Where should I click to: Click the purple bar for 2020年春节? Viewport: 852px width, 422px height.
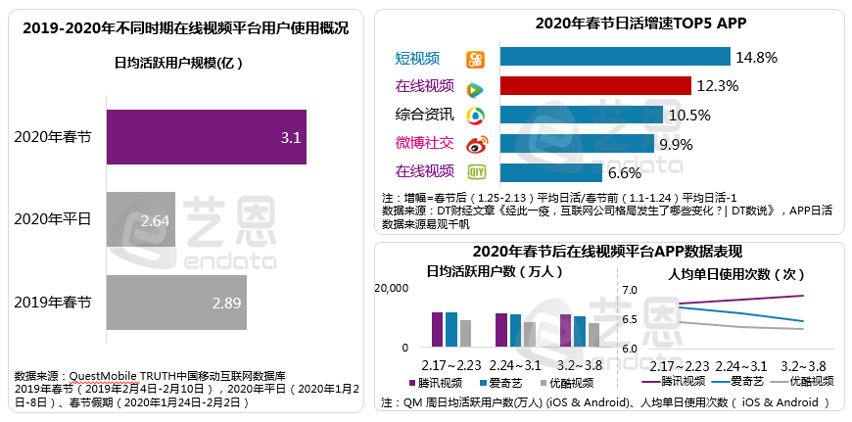pos(206,137)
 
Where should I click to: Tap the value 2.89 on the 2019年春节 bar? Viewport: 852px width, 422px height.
pos(226,303)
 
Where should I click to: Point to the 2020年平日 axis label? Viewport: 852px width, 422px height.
pos(53,219)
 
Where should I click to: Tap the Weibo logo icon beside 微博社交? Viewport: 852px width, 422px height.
pos(475,145)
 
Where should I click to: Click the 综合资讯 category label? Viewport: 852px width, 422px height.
pos(423,116)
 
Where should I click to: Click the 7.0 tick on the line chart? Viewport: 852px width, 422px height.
pos(629,290)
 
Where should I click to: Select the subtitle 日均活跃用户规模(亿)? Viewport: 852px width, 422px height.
pos(178,63)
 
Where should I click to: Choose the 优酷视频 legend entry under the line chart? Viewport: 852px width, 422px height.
pos(805,381)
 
